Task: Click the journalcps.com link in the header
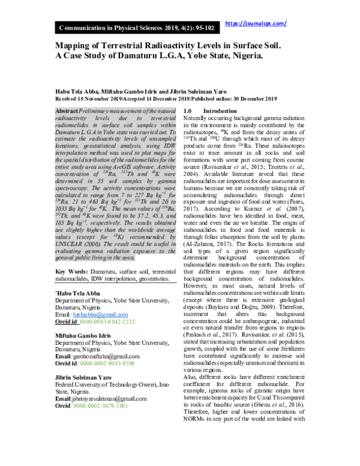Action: [255, 23]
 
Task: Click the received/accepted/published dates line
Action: [166, 98]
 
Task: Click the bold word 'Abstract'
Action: [66, 112]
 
